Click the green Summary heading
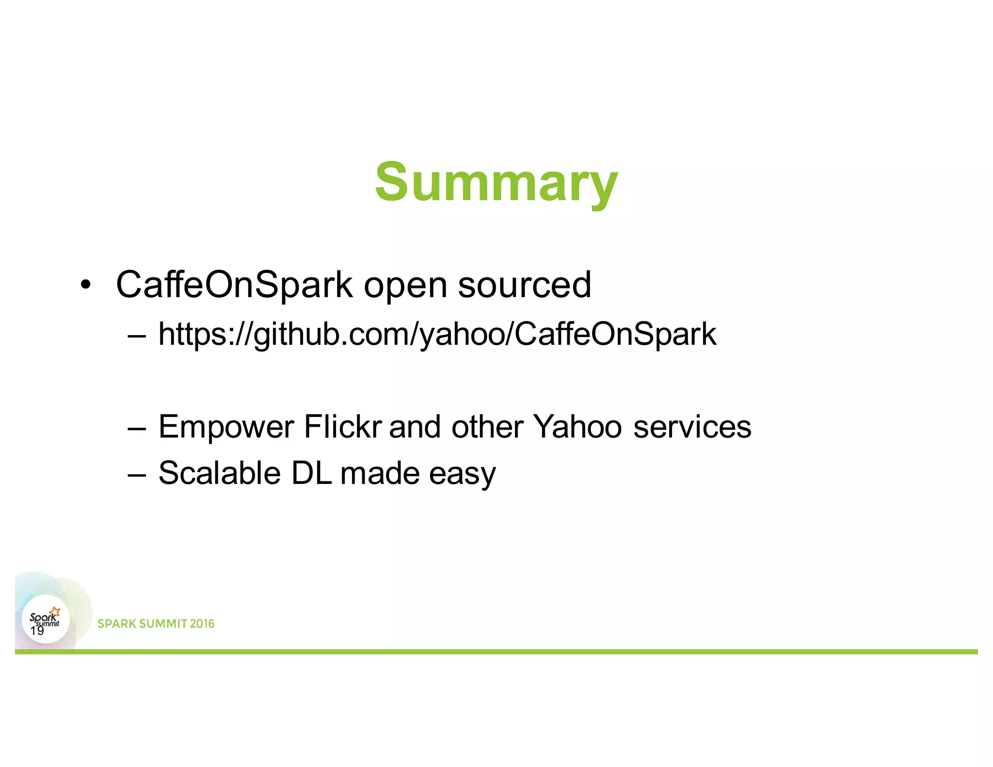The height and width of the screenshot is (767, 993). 496,183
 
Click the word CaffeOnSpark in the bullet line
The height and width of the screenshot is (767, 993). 234,285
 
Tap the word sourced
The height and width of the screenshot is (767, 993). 525,285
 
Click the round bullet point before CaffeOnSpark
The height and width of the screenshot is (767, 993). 86,285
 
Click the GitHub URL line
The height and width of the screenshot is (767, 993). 437,335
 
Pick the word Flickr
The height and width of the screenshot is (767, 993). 343,427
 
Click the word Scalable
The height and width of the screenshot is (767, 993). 220,473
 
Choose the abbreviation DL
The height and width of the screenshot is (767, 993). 311,473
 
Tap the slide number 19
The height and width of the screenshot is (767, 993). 37,631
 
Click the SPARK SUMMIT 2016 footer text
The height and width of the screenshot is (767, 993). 156,623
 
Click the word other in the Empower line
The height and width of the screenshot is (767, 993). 487,427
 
